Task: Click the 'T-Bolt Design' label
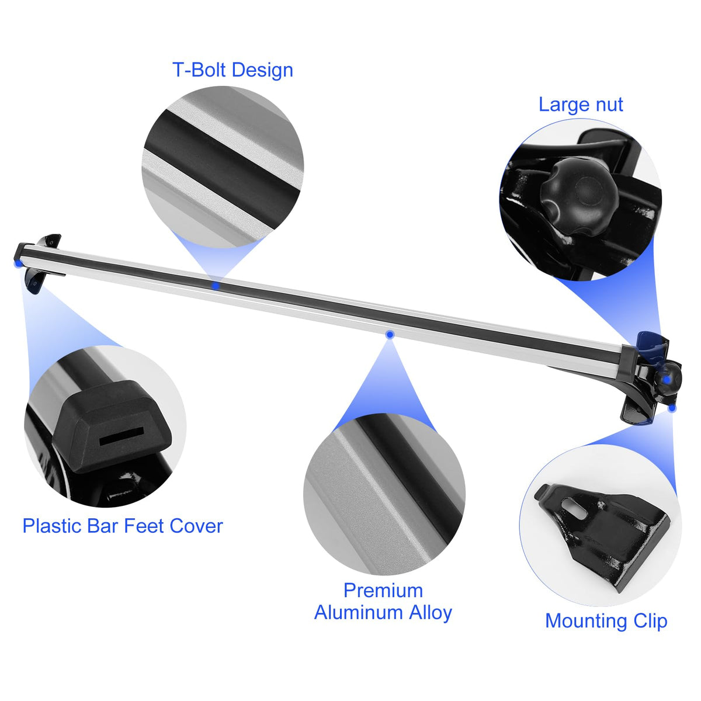point(233,70)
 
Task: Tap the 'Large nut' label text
point(581,105)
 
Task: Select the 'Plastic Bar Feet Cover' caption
point(123,526)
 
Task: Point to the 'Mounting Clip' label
point(606,621)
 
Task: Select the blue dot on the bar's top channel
point(216,286)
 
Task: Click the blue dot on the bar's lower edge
point(390,334)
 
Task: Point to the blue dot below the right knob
point(672,408)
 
